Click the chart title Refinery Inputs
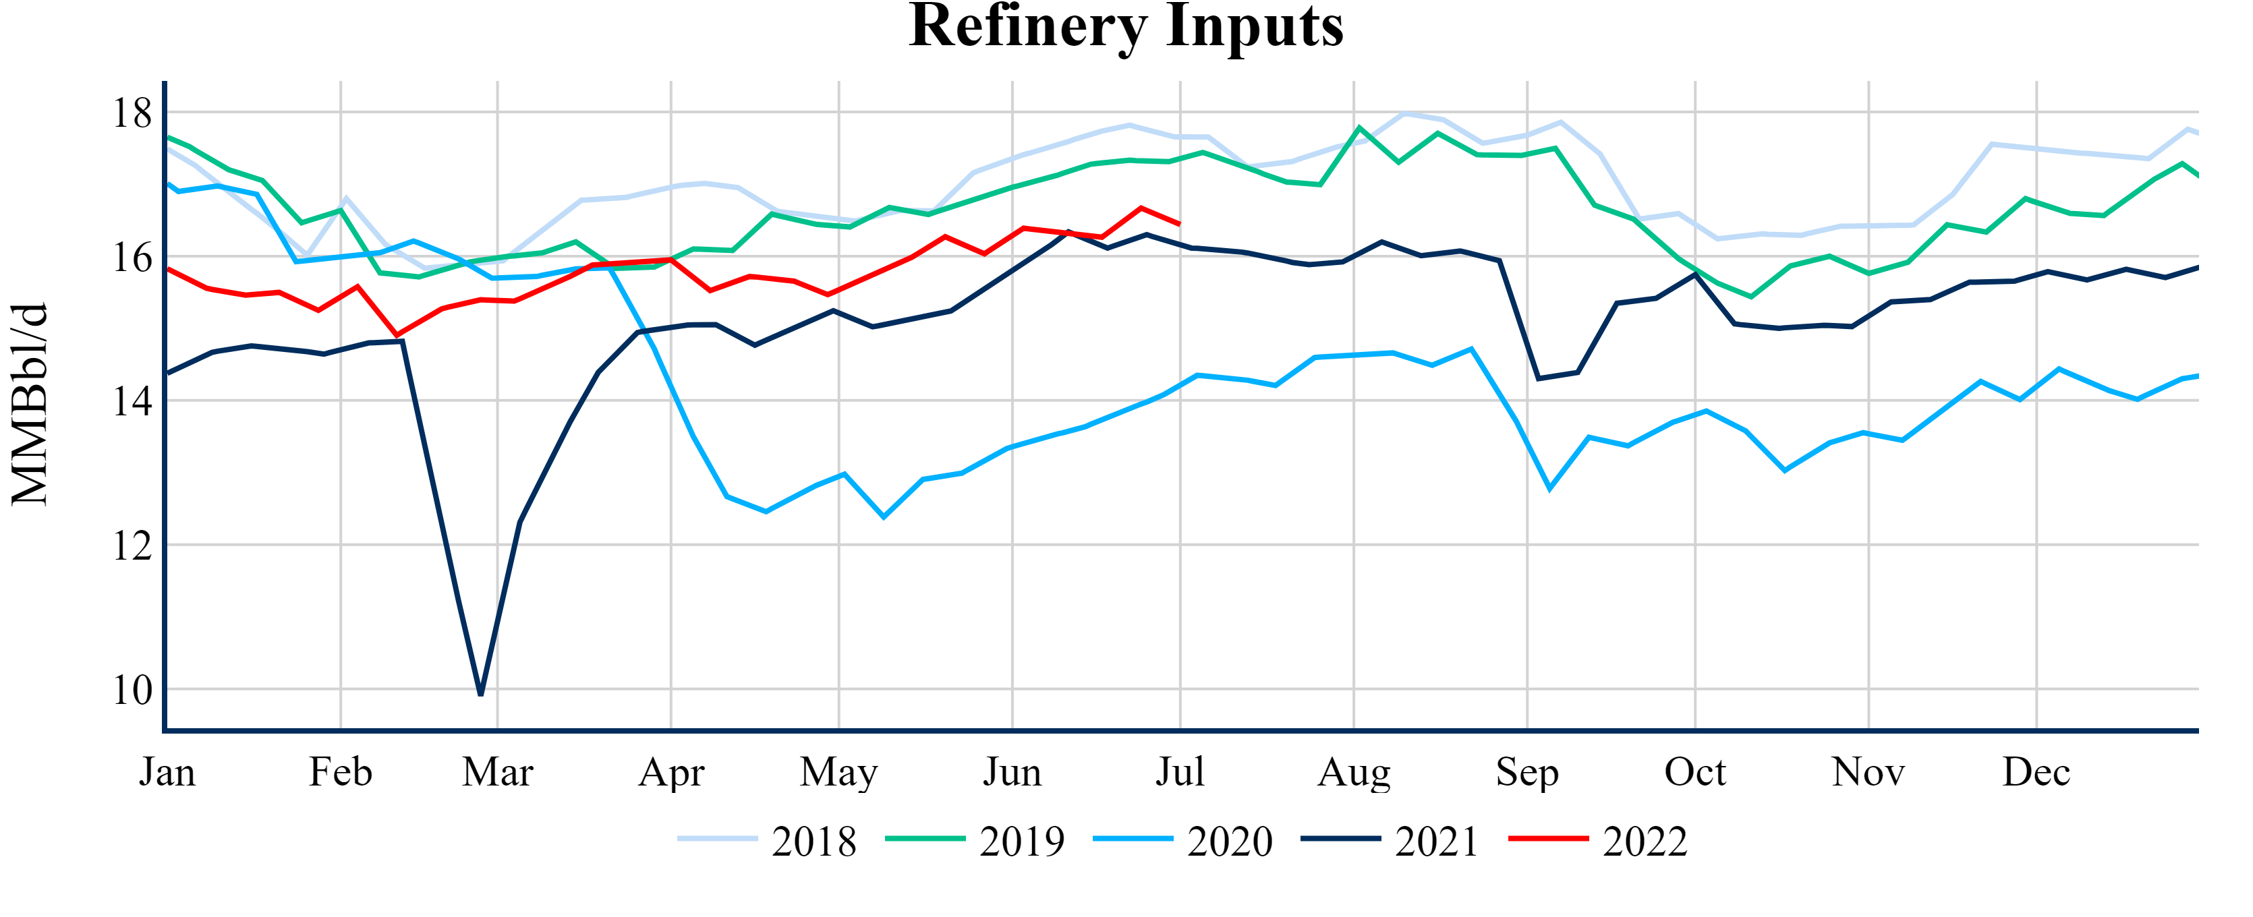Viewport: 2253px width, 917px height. tap(1126, 26)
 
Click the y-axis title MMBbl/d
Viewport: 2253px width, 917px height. tap(30, 405)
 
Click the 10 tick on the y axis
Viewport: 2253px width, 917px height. tap(131, 690)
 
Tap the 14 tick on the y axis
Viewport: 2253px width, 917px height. tap(131, 401)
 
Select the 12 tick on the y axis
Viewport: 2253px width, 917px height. tap(131, 546)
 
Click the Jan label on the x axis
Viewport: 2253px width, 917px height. tap(167, 773)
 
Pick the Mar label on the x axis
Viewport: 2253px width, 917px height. tap(498, 773)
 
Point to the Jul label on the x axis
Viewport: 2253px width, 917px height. tap(1180, 773)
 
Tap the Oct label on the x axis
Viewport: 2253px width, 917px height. tap(1695, 773)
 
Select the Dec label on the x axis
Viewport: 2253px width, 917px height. tap(2036, 773)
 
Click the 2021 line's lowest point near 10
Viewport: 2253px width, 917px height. tap(481, 694)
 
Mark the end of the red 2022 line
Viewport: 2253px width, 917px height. tap(1180, 225)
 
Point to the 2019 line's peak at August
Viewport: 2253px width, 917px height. tap(1359, 127)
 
